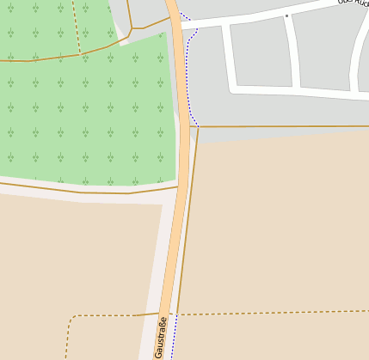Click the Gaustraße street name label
click(160, 337)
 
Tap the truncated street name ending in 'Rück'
click(353, 3)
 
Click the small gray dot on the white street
click(287, 15)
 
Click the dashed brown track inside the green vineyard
click(77, 26)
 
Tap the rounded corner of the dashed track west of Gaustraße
click(71, 320)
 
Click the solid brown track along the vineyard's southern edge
click(86, 192)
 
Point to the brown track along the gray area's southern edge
click(284, 126)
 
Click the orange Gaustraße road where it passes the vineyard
click(183, 103)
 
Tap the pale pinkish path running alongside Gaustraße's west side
click(154, 275)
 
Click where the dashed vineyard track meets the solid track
click(81, 53)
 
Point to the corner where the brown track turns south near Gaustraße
click(198, 127)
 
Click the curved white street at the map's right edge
click(356, 60)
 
